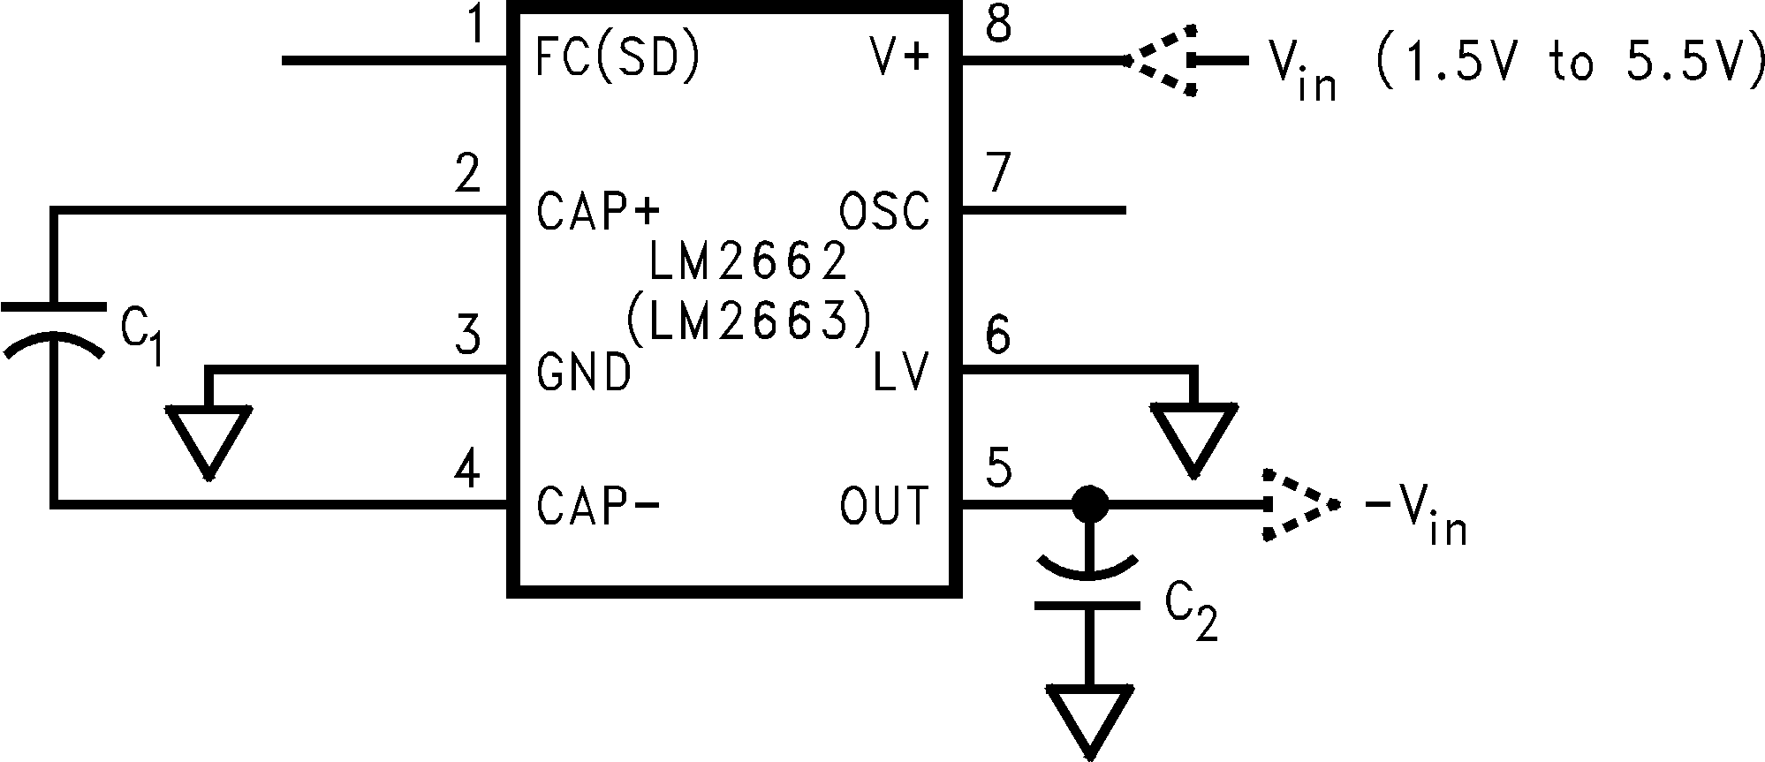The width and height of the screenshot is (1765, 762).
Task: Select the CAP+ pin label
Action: coord(598,213)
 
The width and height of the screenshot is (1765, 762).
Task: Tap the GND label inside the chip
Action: coord(584,372)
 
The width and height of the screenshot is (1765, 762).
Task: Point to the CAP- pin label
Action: coord(598,506)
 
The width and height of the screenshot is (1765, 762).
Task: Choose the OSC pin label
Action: coord(883,213)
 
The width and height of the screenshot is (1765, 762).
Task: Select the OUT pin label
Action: coord(884,506)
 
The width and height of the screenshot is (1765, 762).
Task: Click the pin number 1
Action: coord(476,25)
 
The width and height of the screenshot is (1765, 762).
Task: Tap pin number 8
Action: coord(999,25)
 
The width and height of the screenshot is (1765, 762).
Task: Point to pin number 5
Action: coord(999,468)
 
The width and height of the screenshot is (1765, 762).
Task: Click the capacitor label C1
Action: coord(141,337)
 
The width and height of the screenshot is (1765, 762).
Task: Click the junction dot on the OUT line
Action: coord(1088,505)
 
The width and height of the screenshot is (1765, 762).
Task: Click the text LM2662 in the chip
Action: coord(748,260)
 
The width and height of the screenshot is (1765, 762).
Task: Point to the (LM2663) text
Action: coord(748,321)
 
